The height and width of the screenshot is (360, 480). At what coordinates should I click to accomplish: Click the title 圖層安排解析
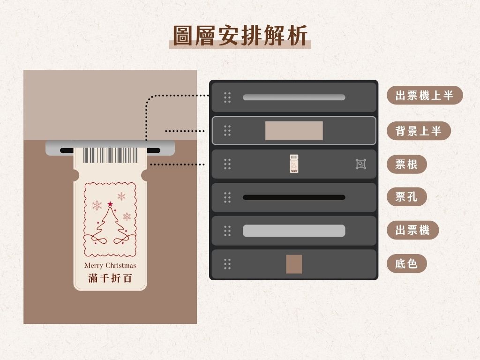[x=240, y=35]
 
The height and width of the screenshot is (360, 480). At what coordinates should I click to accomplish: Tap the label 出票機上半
[x=424, y=96]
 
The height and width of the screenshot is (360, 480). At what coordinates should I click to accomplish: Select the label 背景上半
[x=418, y=131]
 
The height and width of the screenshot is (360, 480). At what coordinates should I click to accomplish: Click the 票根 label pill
[x=406, y=164]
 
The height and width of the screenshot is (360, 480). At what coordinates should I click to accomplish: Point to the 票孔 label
[x=406, y=197]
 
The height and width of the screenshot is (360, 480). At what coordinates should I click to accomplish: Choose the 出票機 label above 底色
[x=412, y=230]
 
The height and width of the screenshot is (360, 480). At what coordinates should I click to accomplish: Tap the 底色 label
[x=406, y=263]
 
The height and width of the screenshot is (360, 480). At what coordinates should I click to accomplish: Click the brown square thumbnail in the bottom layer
[x=294, y=264]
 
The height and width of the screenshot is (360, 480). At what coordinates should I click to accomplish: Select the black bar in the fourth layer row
[x=294, y=197]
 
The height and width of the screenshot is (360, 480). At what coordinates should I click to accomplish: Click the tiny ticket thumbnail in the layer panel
[x=294, y=164]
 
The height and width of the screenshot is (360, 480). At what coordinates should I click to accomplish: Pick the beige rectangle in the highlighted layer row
[x=294, y=131]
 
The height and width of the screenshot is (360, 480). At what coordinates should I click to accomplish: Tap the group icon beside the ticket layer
[x=360, y=164]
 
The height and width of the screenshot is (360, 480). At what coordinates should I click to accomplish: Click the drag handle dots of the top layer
[x=227, y=97]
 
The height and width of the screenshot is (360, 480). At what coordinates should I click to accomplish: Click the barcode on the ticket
[x=110, y=155]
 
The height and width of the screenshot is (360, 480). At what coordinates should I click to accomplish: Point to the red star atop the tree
[x=110, y=204]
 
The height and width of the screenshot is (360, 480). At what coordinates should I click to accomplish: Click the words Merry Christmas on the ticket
[x=110, y=265]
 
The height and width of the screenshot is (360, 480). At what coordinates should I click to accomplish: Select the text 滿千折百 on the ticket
[x=110, y=278]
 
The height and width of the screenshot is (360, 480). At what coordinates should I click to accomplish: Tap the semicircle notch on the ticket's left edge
[x=75, y=176]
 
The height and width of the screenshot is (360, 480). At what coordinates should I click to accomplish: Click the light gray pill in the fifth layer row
[x=294, y=231]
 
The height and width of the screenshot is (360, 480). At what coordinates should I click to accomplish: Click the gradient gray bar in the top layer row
[x=294, y=97]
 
